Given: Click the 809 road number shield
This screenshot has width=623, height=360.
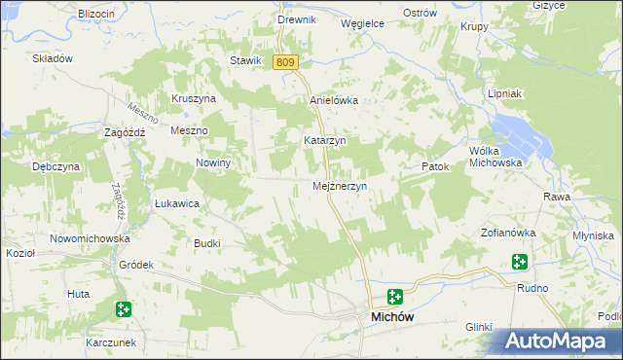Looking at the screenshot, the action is (284, 62).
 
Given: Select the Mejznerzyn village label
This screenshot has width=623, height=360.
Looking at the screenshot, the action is (339, 186).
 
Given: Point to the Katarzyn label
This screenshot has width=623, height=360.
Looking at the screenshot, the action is (325, 140).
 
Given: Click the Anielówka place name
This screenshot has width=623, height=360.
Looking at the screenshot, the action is (334, 100).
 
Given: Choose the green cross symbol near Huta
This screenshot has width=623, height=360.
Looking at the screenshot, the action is (123, 309).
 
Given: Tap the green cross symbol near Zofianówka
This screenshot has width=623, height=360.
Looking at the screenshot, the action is (521, 261).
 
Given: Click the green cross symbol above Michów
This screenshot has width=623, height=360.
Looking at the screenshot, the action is (394, 297).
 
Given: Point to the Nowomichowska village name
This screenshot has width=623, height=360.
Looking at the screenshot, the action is (91, 238).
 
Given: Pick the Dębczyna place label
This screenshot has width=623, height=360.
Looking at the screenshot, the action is (55, 166).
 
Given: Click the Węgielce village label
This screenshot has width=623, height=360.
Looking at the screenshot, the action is (362, 22).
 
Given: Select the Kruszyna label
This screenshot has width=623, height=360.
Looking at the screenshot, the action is (193, 98).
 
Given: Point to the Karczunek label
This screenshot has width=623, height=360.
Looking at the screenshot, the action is (115, 343).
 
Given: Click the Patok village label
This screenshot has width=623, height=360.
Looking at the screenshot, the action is (435, 167).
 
